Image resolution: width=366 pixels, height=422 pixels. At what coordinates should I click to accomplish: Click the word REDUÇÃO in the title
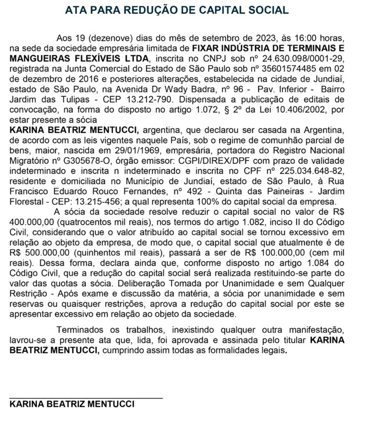(155, 10)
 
